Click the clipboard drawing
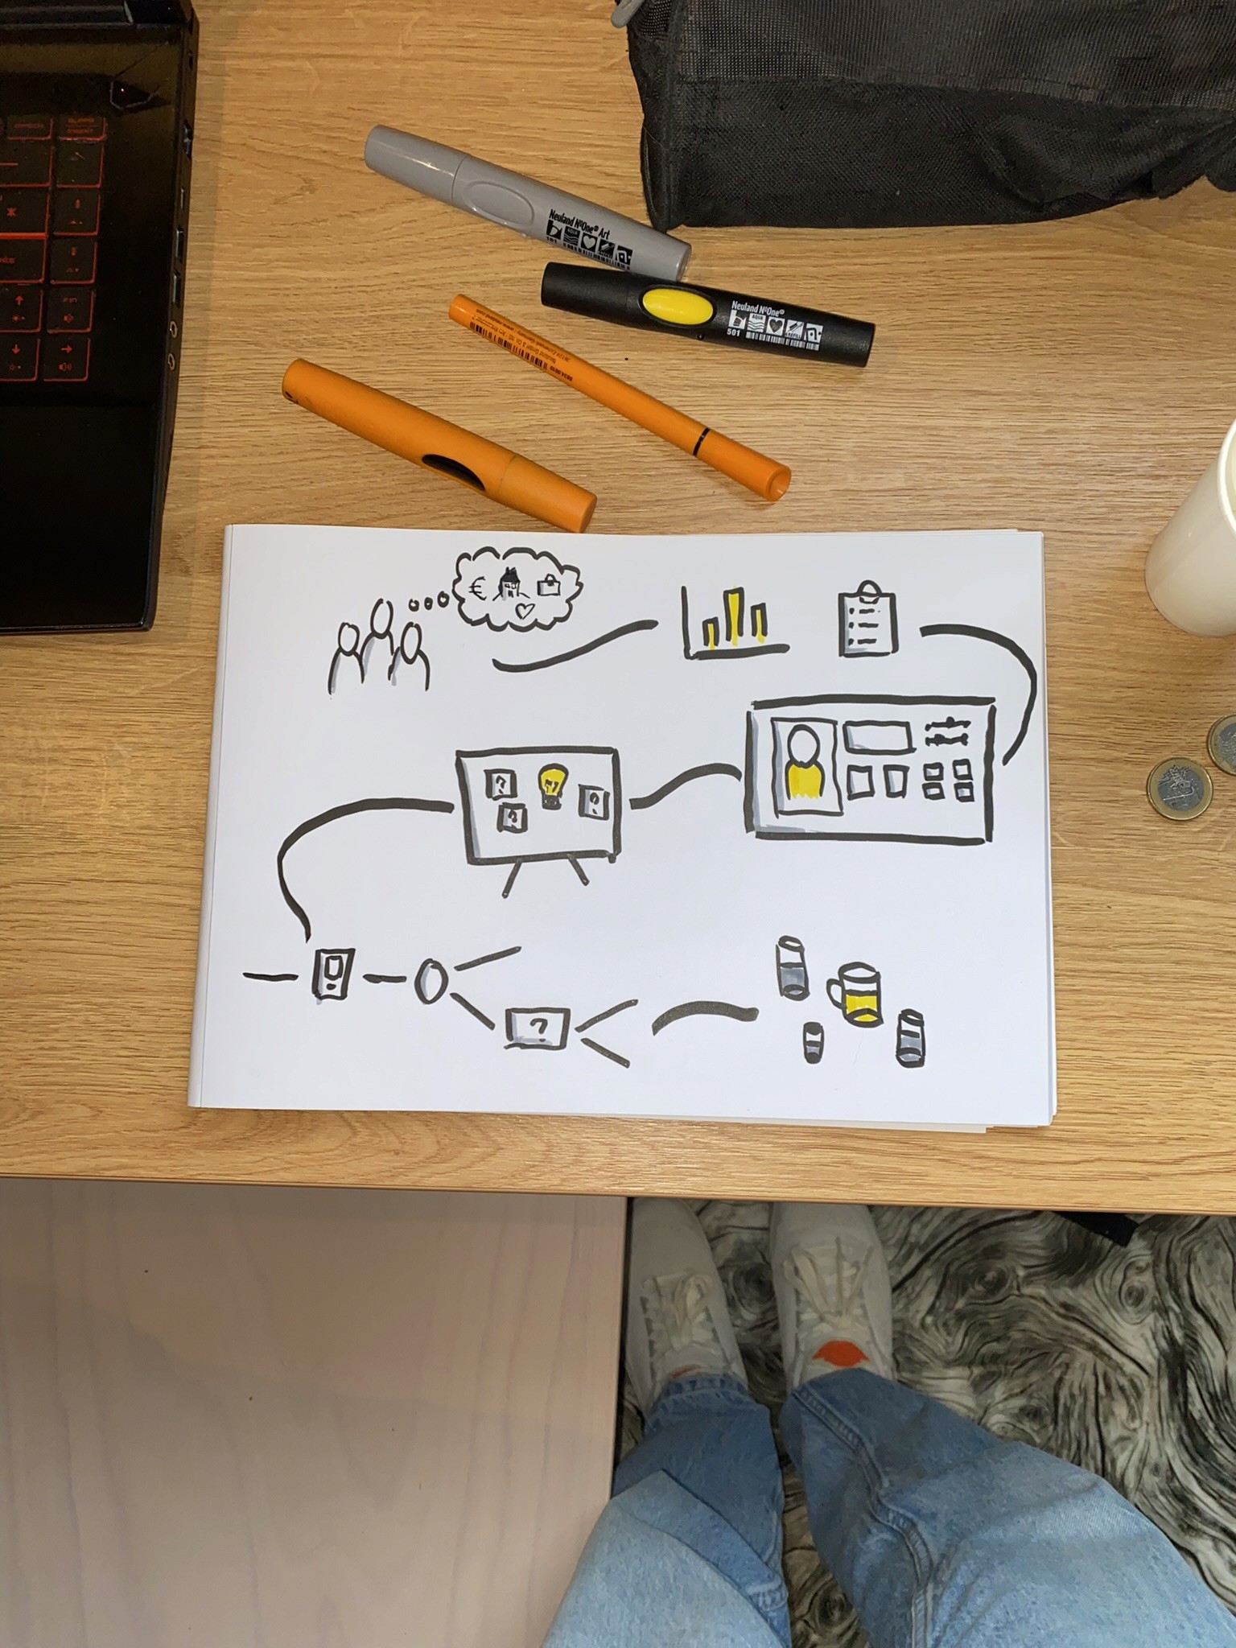tap(867, 620)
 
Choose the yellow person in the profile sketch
tap(803, 764)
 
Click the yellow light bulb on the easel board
tap(551, 785)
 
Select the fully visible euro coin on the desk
tap(1180, 789)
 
